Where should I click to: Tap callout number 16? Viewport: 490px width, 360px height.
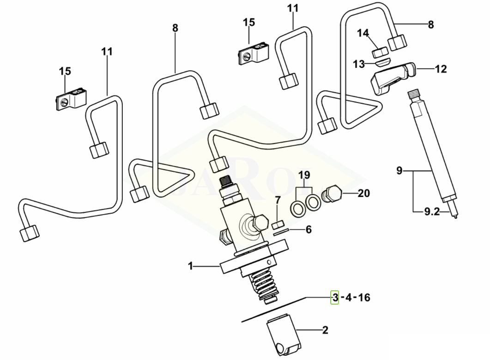click(x=364, y=298)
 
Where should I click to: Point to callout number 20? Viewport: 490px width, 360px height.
click(x=364, y=193)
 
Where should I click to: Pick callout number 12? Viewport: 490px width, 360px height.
click(x=441, y=69)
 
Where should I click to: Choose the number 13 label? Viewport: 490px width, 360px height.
click(x=359, y=64)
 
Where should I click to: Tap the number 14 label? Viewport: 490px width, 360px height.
click(x=363, y=33)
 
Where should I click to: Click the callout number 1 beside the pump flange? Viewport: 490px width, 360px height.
click(x=190, y=266)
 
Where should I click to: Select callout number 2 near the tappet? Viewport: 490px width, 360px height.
click(x=325, y=330)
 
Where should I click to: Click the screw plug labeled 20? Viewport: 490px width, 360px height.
click(x=333, y=194)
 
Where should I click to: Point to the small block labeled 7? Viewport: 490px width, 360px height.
click(x=277, y=225)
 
